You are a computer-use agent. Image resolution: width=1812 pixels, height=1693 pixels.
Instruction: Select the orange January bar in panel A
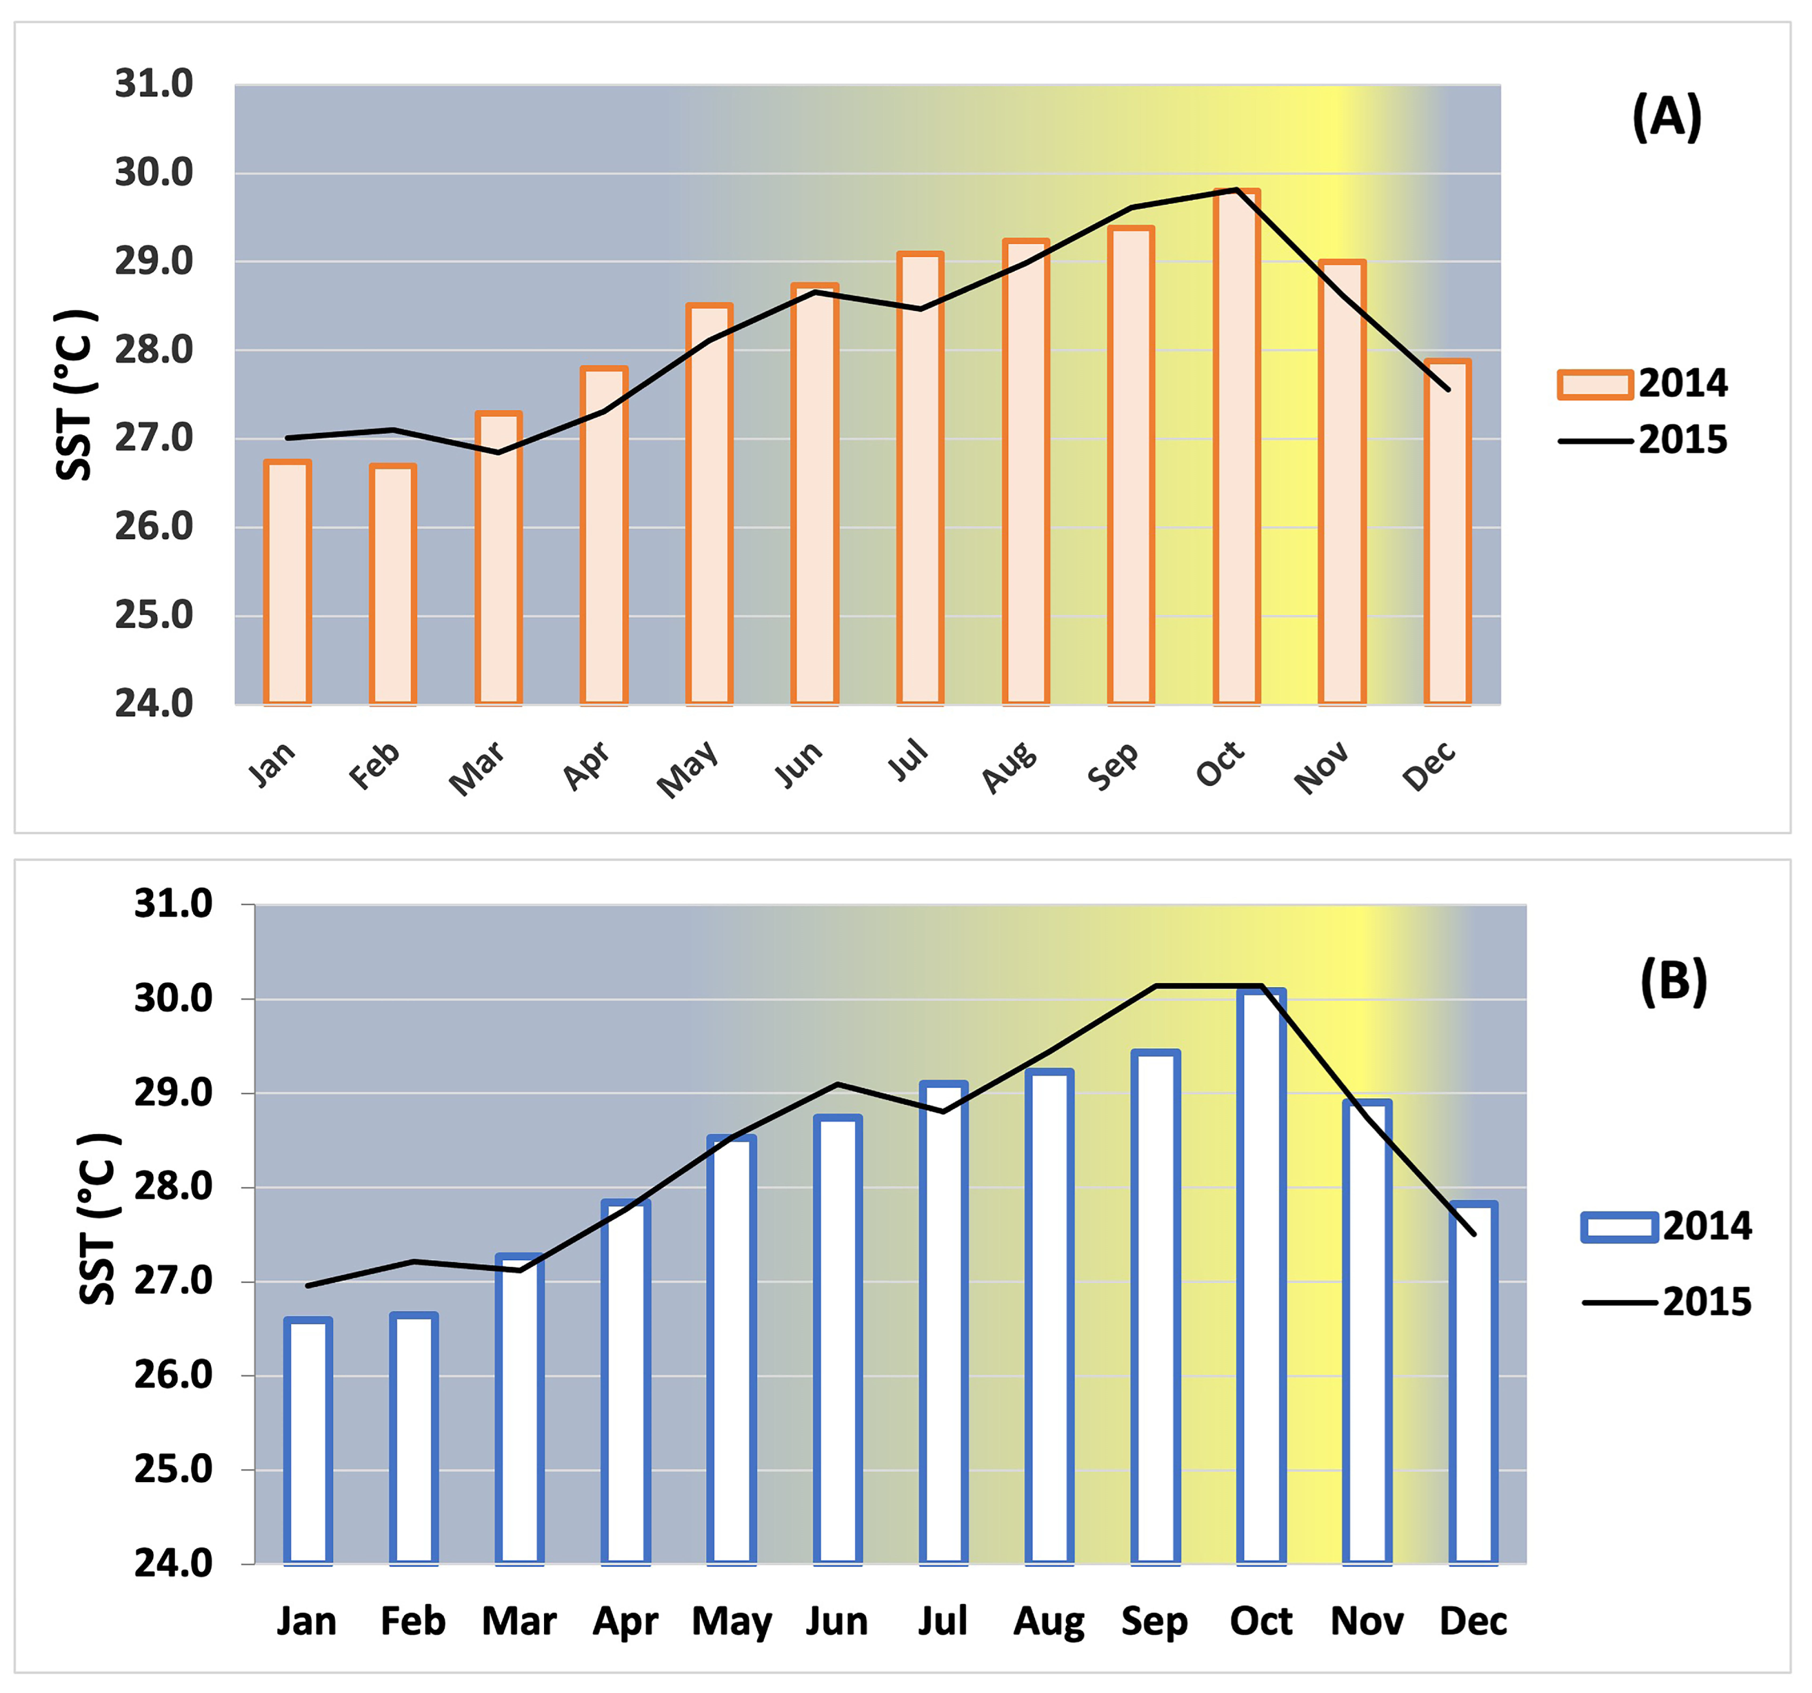pos(287,583)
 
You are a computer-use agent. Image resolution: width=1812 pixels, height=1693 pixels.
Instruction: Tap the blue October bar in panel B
pos(1261,1276)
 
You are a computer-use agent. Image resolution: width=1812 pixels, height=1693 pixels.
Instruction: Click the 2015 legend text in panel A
pos(1683,440)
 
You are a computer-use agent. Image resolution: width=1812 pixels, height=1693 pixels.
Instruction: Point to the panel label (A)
pos(1666,117)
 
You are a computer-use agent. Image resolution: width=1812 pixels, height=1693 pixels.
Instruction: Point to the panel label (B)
pos(1673,982)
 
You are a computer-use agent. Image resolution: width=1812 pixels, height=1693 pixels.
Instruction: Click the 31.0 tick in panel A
pos(153,84)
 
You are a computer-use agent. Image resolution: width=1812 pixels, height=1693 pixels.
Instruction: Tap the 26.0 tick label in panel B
pos(173,1374)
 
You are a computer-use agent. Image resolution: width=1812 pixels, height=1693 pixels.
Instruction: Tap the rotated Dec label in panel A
pos(1428,766)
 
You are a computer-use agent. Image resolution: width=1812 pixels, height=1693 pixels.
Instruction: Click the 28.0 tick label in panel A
pos(153,350)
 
